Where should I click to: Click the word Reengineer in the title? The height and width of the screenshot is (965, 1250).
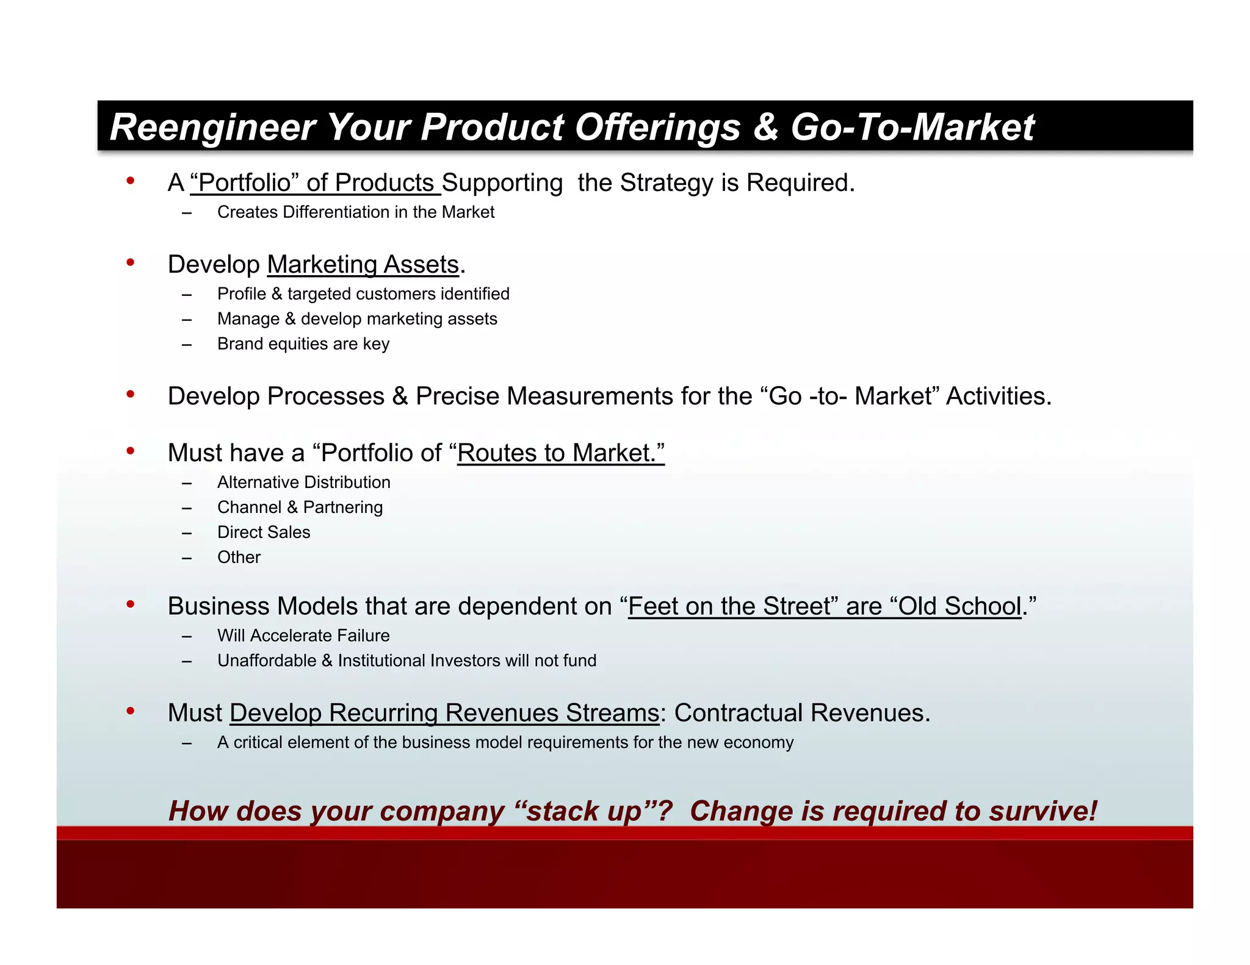click(x=212, y=127)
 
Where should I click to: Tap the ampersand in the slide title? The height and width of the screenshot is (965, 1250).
click(x=765, y=127)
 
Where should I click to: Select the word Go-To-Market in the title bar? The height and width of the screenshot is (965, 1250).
click(x=912, y=127)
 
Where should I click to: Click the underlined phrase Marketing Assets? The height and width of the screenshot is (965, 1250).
click(x=363, y=265)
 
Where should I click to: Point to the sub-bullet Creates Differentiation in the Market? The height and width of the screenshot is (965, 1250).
click(x=355, y=212)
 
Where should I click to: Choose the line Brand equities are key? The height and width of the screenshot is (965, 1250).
click(x=303, y=344)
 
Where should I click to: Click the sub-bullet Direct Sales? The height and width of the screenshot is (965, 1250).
click(x=264, y=533)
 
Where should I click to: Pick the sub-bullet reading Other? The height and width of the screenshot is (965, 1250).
click(x=239, y=558)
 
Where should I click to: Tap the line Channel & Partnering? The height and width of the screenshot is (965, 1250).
click(x=300, y=508)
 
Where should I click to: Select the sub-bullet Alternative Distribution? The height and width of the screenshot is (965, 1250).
click(x=303, y=482)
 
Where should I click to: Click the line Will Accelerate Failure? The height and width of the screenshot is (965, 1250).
click(x=303, y=636)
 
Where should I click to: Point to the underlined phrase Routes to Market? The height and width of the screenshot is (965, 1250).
click(x=560, y=453)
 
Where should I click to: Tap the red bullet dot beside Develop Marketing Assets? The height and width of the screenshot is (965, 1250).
click(x=130, y=263)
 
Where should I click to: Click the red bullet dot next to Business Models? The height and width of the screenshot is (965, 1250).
click(x=130, y=604)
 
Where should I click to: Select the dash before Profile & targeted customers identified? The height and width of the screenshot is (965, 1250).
click(x=187, y=295)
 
